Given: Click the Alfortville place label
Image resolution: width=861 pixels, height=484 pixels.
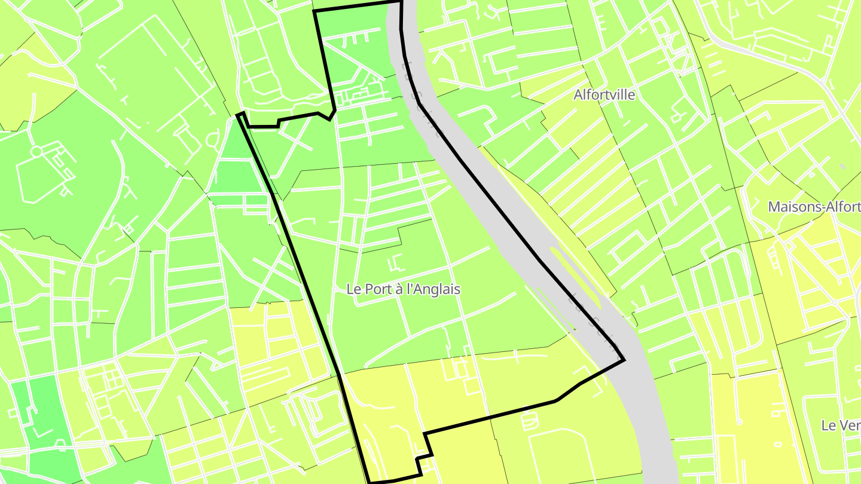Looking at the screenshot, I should (604, 94).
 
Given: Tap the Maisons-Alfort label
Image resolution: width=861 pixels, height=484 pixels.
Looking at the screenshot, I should (814, 207).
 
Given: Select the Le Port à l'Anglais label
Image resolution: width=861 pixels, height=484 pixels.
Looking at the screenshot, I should (404, 289).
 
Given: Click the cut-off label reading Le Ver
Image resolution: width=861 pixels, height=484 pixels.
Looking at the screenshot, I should (840, 425).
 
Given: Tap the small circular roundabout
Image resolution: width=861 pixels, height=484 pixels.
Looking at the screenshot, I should (36, 151).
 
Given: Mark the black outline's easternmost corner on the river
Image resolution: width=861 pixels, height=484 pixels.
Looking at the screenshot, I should (624, 360).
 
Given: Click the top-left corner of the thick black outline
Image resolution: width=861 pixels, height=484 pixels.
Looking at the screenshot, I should (315, 11).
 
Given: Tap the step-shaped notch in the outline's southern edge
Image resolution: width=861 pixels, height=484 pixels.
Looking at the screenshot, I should (426, 445).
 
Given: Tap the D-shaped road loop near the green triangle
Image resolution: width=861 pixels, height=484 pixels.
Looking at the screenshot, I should (212, 140).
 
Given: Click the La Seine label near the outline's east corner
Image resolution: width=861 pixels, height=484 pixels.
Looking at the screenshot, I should (592, 317).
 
